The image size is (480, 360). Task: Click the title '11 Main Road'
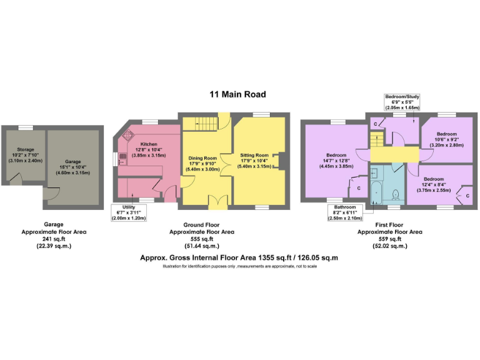pyautogui.click(x=237, y=94)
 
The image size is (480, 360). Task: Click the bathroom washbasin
pyautogui.click(x=374, y=172)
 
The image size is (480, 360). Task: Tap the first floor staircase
pyautogui.click(x=394, y=153)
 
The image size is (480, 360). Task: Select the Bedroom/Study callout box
pyautogui.click(x=402, y=102)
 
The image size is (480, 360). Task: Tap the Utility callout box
pyautogui.click(x=128, y=214)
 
